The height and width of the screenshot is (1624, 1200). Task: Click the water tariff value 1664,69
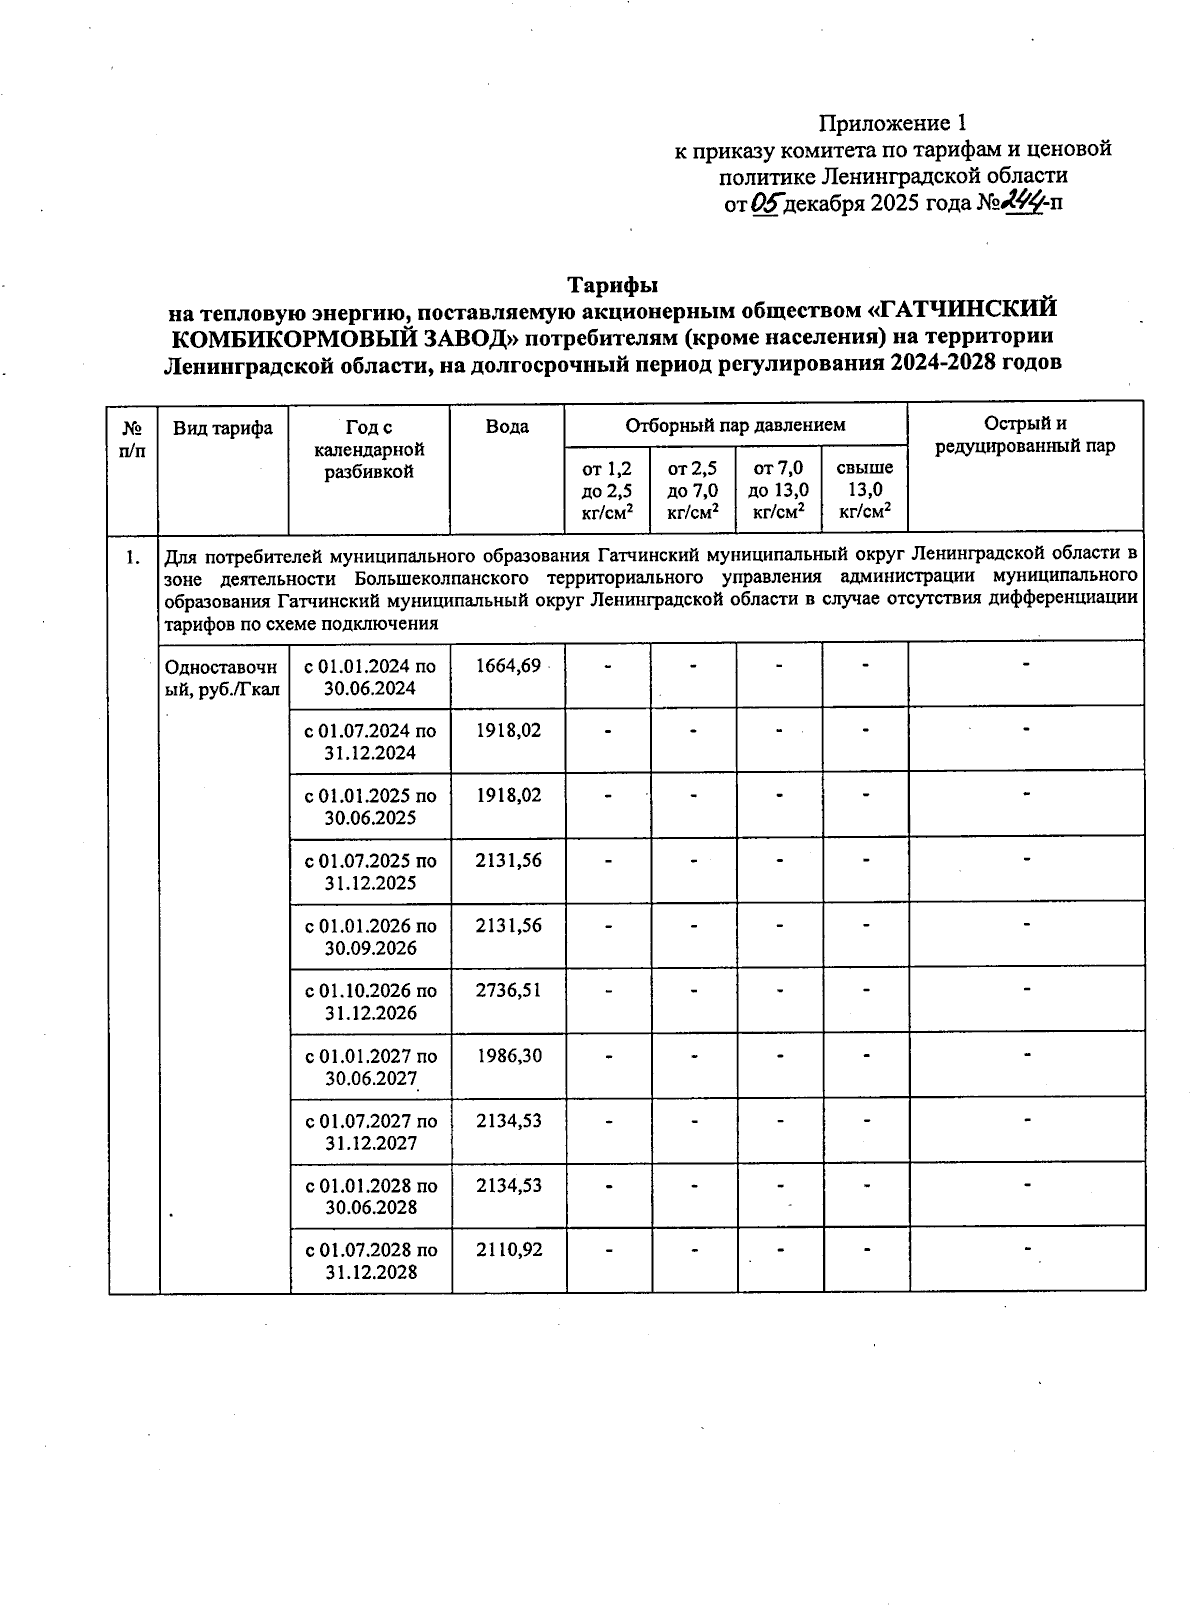[x=509, y=666]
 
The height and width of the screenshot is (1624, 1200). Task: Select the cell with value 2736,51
[x=509, y=991]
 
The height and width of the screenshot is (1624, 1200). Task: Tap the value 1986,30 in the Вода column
[x=509, y=1056]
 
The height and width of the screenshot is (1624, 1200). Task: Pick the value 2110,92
[x=509, y=1250]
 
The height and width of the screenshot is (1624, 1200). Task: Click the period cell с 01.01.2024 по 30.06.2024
[x=370, y=677]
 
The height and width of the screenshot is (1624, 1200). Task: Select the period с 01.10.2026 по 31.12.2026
[x=370, y=1002]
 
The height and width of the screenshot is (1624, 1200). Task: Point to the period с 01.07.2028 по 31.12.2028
[x=370, y=1261]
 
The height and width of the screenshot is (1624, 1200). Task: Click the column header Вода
[x=507, y=427]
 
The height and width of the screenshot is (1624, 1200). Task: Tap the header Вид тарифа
[x=223, y=428]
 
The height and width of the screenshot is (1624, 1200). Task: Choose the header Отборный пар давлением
[x=735, y=425]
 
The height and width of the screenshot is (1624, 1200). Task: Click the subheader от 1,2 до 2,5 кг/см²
[x=607, y=490]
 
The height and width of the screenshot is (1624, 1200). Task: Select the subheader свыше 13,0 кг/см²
[x=864, y=490]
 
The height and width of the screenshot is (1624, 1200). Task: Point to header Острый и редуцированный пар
[x=1025, y=435]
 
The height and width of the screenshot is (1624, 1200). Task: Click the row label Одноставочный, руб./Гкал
[x=223, y=677]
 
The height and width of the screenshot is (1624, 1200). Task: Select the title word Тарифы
[x=613, y=286]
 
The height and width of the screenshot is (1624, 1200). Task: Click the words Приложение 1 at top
[x=893, y=123]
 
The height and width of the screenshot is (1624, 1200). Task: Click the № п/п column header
[x=132, y=438]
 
